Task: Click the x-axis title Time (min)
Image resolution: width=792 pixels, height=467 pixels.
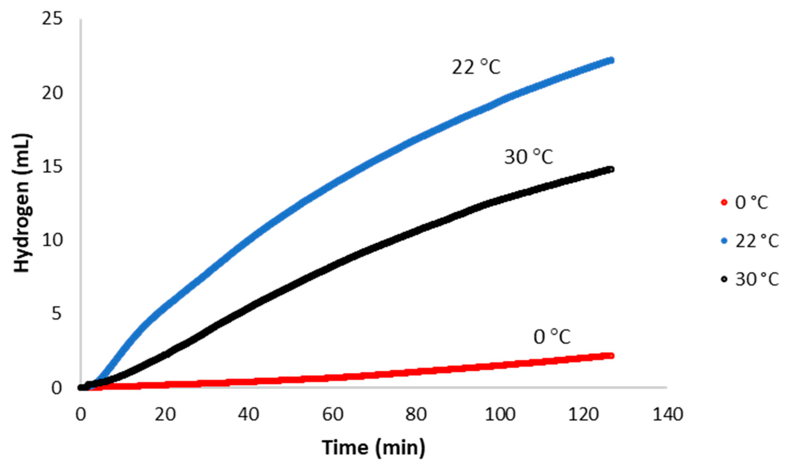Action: pos(373,447)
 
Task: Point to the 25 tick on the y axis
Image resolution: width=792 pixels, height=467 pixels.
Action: pos(52,19)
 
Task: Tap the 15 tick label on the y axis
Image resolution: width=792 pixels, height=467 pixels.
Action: pos(52,167)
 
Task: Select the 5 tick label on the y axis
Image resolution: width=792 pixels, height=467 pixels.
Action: pos(57,314)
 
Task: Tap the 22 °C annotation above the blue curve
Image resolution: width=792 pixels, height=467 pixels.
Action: pos(476,67)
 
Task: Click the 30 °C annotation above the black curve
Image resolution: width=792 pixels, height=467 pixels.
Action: pos(528,157)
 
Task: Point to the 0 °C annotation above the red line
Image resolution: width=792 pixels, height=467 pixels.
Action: pos(552,337)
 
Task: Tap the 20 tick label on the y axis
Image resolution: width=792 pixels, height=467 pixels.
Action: pos(52,93)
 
